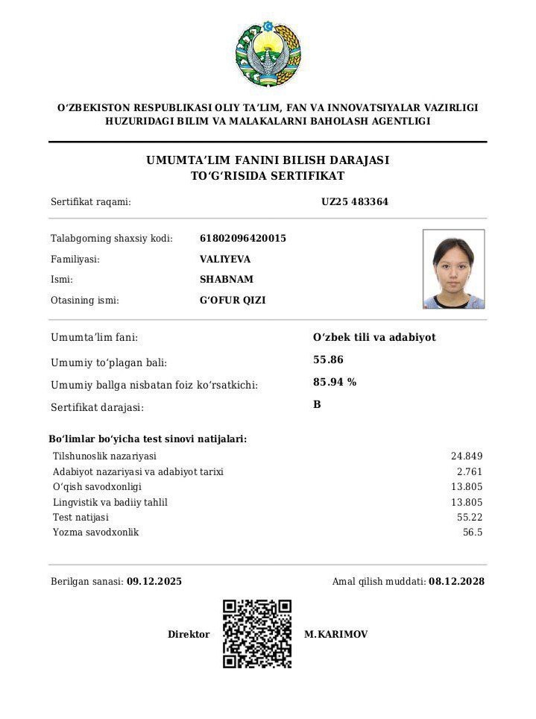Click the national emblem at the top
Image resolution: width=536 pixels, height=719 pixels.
point(268,54)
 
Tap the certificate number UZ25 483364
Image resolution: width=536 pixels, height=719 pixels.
point(355,201)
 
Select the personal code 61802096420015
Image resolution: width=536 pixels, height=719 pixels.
point(243,238)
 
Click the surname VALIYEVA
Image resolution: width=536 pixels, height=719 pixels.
point(225,259)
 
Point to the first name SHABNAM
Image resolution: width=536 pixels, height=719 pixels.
point(227,280)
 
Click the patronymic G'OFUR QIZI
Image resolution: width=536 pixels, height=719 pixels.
point(233,301)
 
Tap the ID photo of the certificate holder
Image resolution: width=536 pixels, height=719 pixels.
point(453,269)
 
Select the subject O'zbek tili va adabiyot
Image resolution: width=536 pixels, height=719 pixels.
point(374,337)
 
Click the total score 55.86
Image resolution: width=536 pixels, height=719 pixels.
point(328,359)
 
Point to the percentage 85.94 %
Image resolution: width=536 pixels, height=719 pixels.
point(335,382)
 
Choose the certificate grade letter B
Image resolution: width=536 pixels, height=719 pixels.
point(317,404)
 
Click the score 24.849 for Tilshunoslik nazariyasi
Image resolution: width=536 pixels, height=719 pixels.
point(467,456)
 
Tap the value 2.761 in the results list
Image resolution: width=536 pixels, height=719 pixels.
point(470,471)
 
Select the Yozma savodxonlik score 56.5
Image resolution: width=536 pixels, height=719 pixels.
point(473,533)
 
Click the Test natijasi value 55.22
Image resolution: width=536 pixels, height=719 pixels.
point(470,517)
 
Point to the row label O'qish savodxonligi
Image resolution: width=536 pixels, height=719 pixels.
point(97,486)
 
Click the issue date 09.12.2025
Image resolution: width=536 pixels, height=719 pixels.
point(154,581)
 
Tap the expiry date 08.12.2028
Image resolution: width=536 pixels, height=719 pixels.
point(456,581)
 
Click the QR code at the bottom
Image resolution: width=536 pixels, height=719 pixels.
point(257,634)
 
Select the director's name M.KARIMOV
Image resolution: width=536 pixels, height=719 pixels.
point(335,634)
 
